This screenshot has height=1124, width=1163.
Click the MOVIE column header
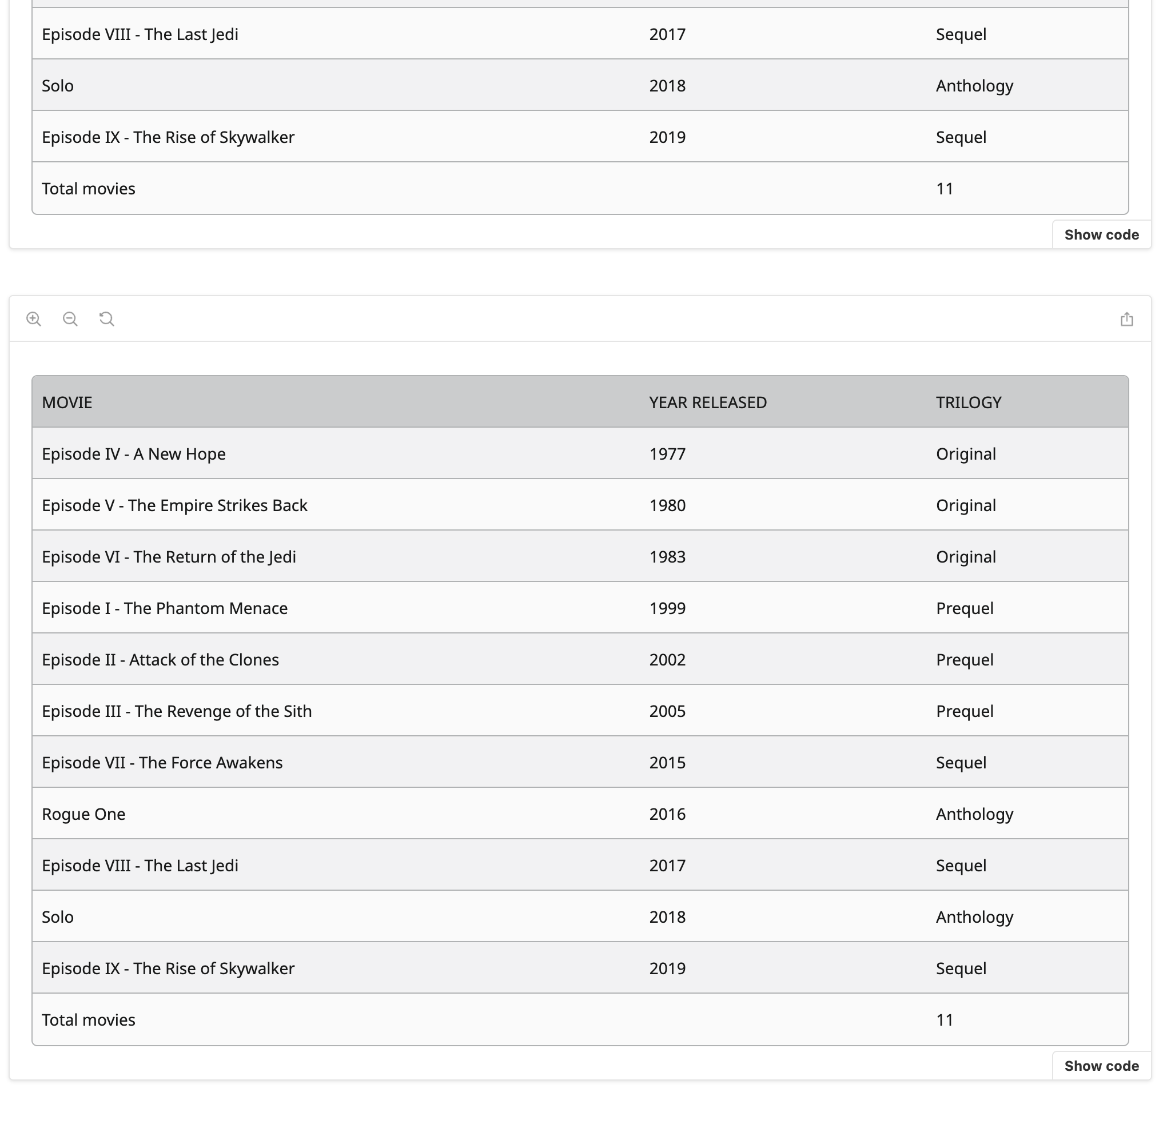point(67,402)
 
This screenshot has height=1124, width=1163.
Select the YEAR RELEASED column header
point(707,402)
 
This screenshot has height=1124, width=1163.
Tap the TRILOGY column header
point(969,402)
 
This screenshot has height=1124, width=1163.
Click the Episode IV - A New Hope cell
point(133,454)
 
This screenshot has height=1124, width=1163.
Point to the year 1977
point(667,454)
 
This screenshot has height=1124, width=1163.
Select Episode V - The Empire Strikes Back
point(174,505)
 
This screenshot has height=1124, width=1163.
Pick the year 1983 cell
point(667,557)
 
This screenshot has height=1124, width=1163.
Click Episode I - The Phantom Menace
point(164,608)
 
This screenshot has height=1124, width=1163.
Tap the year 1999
point(667,608)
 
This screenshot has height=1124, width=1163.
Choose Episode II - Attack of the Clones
point(160,660)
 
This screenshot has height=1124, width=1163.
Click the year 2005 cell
point(667,711)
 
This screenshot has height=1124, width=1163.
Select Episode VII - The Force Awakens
point(162,763)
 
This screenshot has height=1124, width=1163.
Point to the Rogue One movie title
point(83,814)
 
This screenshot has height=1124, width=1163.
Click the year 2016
point(667,814)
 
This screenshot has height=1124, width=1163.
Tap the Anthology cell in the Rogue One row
point(974,814)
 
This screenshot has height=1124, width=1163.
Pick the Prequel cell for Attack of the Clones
point(964,660)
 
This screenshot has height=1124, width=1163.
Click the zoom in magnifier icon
point(34,319)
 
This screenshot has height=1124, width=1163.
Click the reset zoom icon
point(107,319)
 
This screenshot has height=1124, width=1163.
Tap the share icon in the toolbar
point(1126,320)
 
